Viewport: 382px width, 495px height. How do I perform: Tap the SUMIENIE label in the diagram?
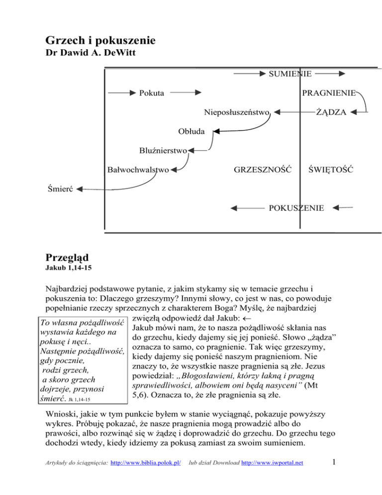click(290, 74)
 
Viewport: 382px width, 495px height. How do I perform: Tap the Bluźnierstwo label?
click(163, 150)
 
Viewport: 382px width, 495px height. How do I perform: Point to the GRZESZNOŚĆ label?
click(262, 169)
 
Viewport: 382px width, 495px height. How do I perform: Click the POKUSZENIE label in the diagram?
click(296, 208)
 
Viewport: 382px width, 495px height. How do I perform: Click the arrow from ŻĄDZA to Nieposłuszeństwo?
click(294, 112)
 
